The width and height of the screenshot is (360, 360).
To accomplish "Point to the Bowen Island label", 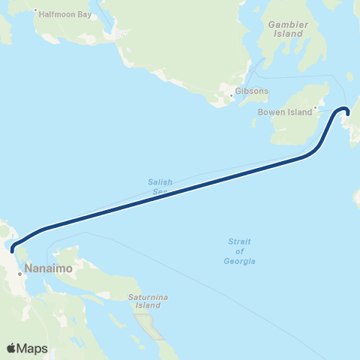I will coord(284,112).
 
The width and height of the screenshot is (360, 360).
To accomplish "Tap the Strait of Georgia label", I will coord(241,251).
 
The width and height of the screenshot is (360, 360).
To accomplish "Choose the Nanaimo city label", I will coord(49,267).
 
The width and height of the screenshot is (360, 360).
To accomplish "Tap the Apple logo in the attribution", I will coord(12,348).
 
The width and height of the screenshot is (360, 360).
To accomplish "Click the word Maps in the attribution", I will coord(33,348).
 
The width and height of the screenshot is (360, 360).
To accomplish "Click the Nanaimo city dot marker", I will coord(20,274).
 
